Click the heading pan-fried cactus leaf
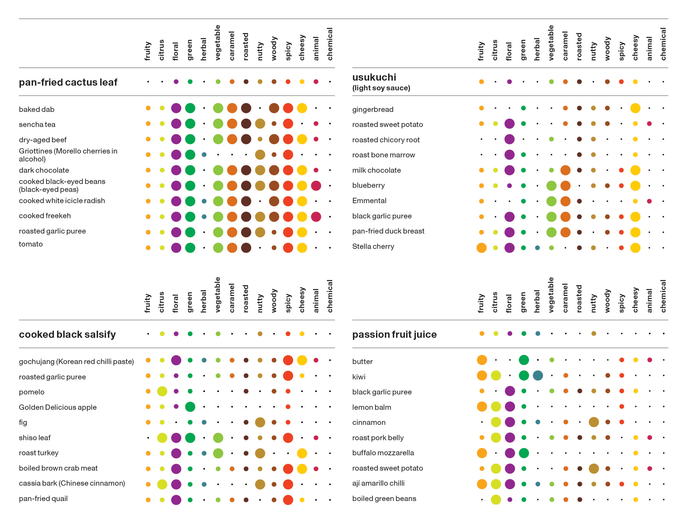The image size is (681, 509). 68,82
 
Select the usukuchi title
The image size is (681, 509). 374,77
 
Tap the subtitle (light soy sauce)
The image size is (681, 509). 381,88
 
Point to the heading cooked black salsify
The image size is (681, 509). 67,334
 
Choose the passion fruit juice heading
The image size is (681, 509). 394,334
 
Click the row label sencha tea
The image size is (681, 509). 37,125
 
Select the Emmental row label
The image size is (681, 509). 369,201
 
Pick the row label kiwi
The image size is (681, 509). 359,377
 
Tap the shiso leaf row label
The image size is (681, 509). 35,438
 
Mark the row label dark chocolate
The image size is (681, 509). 44,170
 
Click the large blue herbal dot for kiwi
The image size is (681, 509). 538,376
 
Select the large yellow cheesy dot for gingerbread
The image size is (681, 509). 635,108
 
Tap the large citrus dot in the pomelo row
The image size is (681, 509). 162,391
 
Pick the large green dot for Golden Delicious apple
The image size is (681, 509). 190,407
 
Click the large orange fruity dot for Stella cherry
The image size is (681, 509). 481,248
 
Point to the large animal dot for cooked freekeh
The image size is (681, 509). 316,216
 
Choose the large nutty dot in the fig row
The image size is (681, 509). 260,422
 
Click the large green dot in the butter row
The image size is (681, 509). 524,360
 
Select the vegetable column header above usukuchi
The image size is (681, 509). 551,43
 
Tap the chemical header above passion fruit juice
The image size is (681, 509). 663,296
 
